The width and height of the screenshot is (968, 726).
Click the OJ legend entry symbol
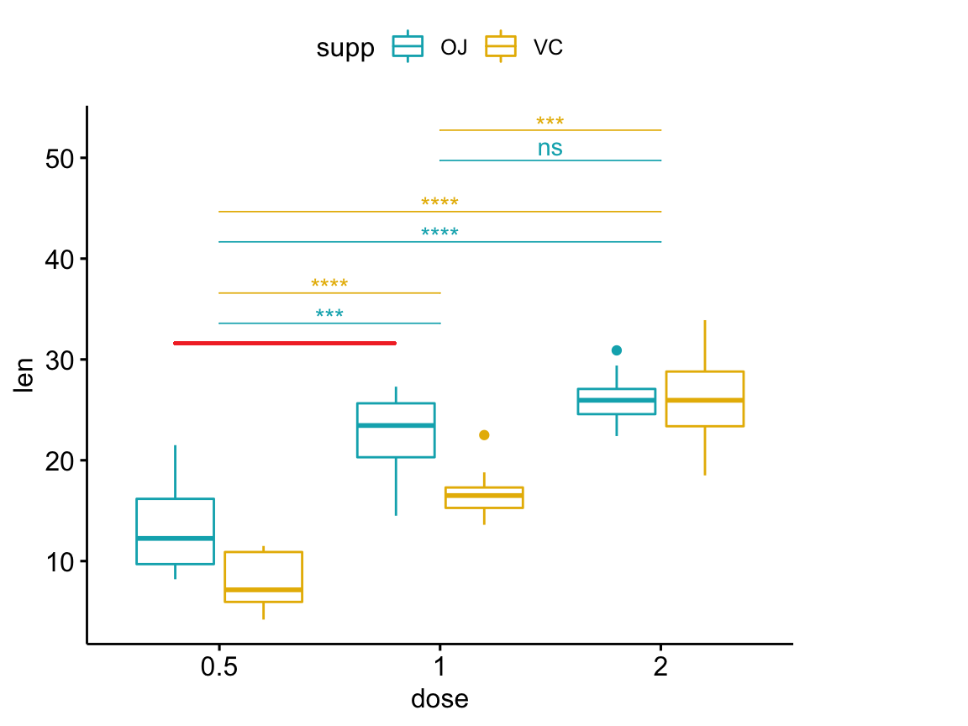[408, 47]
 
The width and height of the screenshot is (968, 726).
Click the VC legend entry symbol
[501, 47]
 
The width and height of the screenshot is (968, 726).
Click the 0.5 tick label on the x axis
[219, 670]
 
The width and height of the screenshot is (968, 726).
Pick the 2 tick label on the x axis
[661, 670]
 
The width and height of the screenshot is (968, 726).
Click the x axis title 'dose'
[439, 699]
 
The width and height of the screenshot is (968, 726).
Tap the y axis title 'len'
[26, 375]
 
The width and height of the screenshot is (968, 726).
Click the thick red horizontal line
[285, 343]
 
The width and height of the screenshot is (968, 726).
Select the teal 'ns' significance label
[550, 149]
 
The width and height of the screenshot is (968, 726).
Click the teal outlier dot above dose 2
[617, 350]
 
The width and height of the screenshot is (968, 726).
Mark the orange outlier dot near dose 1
[484, 434]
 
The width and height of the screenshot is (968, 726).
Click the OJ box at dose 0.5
[175, 531]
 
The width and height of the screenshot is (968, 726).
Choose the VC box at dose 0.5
[263, 576]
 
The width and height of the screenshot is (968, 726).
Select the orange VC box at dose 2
[704, 398]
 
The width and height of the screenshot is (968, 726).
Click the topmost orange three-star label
[550, 122]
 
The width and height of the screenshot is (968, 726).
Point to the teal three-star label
[329, 315]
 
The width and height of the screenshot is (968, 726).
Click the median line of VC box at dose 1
[484, 496]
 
